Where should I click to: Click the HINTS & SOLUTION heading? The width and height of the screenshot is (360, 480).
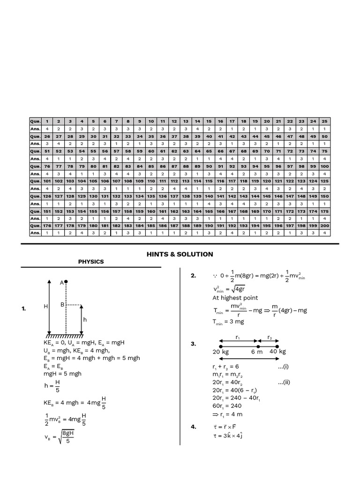[180, 254]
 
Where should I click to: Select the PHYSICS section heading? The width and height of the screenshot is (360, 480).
[91, 262]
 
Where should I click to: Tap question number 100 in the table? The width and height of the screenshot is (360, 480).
[325, 166]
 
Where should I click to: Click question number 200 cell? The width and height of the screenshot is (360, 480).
[325, 226]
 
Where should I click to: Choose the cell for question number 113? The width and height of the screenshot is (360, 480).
[186, 181]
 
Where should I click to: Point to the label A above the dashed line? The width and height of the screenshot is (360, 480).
[61, 282]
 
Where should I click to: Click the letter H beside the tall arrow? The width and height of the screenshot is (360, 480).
[46, 306]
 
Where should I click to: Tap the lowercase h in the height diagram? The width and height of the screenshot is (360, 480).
[85, 319]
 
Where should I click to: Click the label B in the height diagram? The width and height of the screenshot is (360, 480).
[61, 304]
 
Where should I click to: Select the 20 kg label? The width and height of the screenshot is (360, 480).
[221, 352]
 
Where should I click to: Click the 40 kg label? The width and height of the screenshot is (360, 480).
[277, 352]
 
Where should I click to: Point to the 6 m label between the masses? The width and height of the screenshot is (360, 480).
[256, 352]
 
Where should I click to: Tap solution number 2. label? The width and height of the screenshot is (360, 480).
[193, 276]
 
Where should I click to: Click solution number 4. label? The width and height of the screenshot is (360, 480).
[193, 427]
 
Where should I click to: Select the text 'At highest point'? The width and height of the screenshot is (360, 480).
[235, 298]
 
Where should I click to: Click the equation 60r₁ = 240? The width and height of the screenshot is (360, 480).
[227, 406]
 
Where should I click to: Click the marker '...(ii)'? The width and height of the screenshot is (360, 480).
[284, 382]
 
